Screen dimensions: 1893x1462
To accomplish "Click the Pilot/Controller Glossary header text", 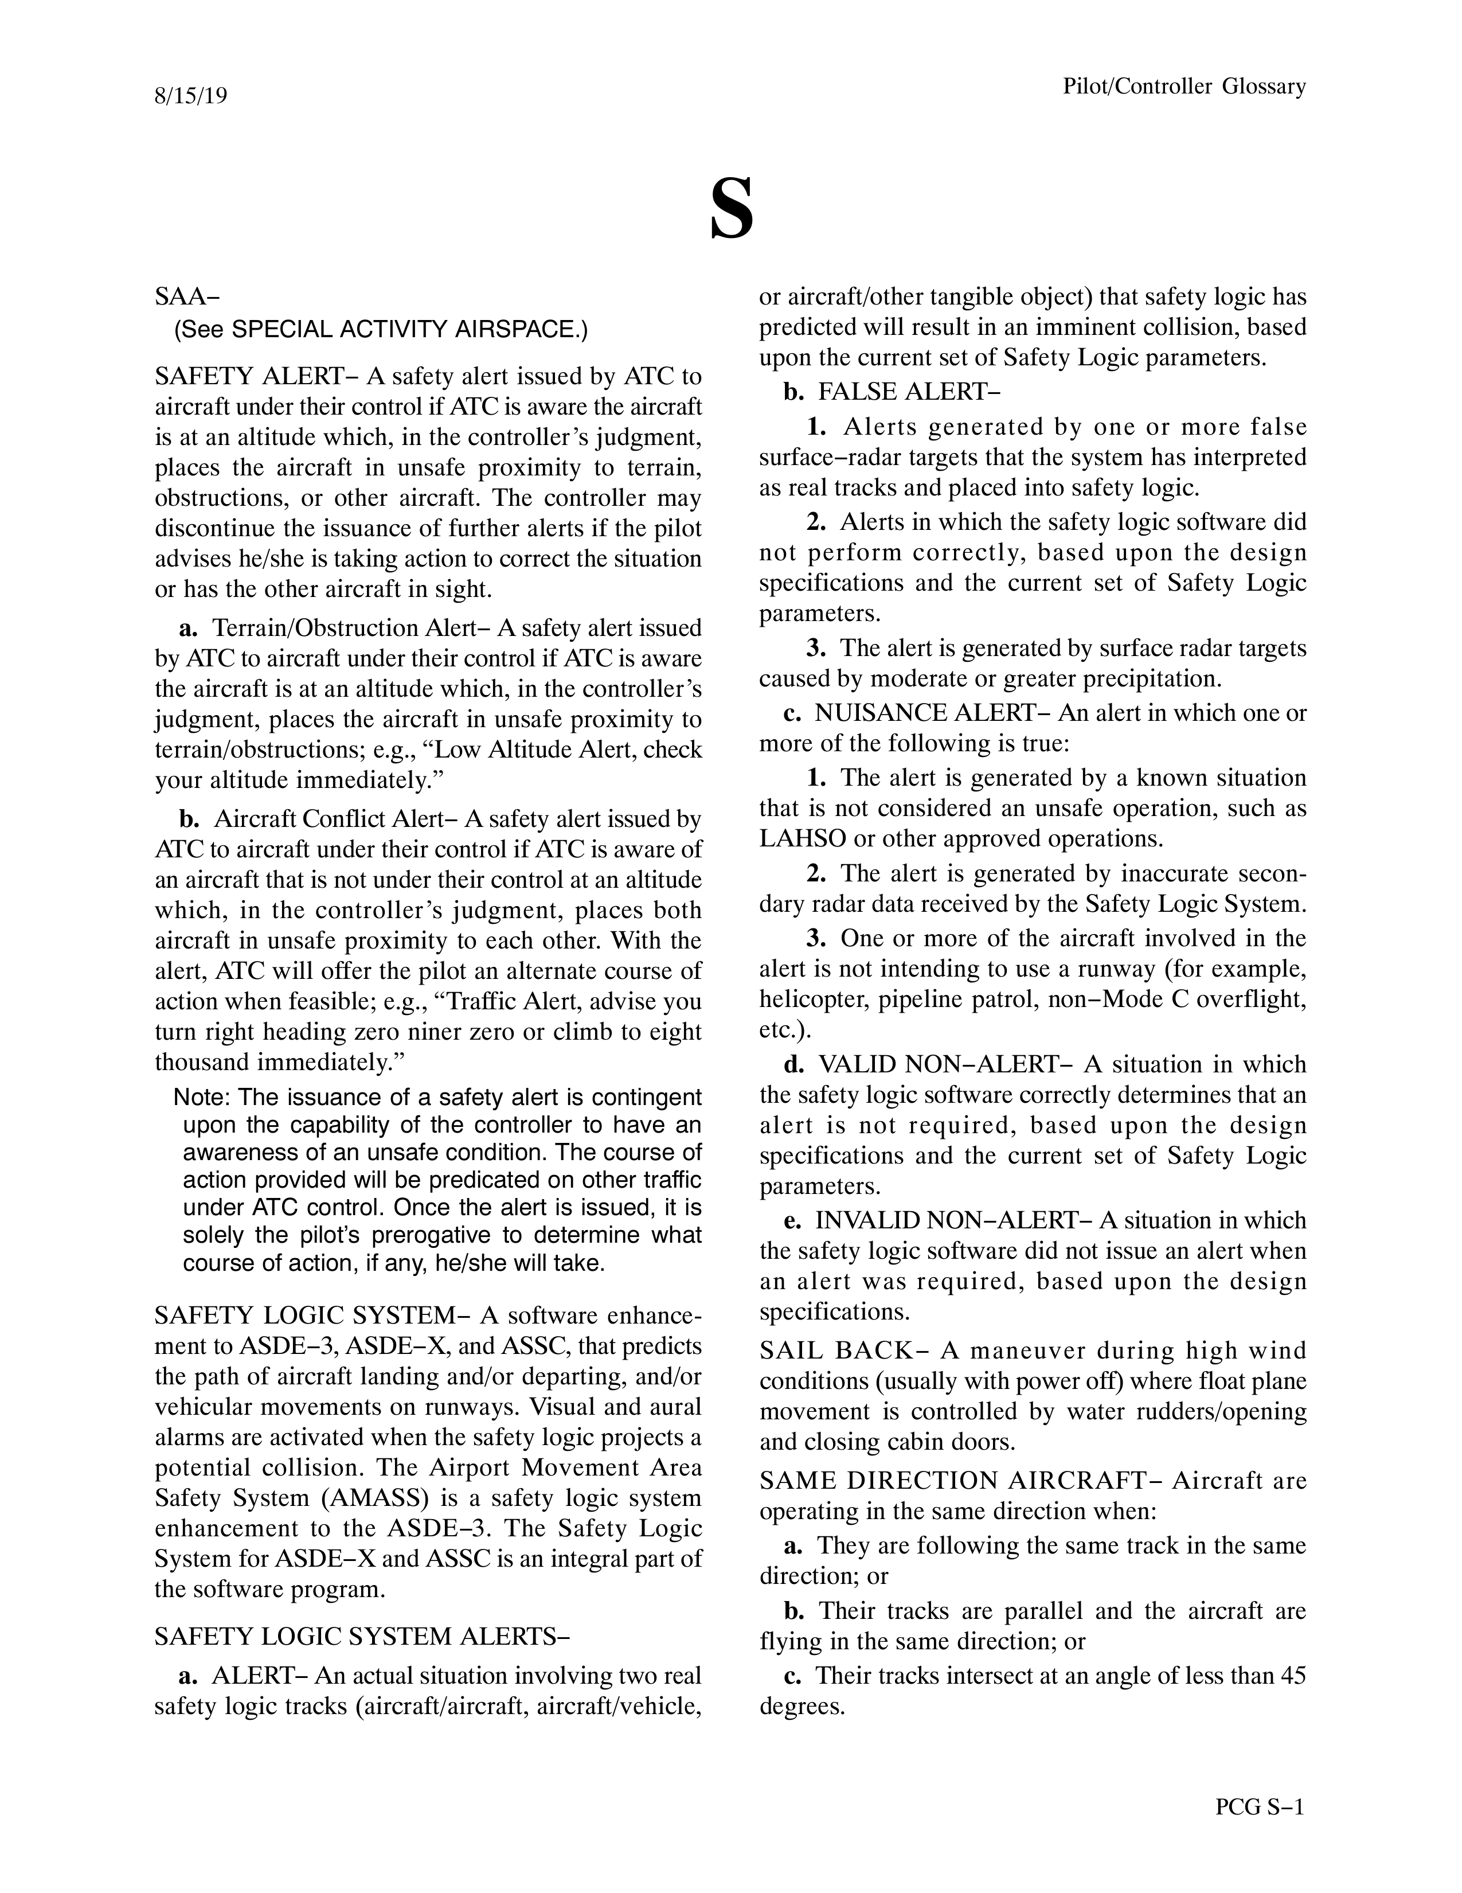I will (x=1184, y=87).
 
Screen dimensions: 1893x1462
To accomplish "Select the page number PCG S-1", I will (x=1259, y=1807).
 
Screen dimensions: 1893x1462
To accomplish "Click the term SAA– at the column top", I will (x=187, y=296).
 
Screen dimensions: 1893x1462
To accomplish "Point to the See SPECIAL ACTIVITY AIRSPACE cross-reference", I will (x=381, y=329).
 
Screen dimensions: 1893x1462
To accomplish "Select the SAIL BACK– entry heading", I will (x=837, y=1351).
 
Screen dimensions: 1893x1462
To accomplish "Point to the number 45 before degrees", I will (x=1292, y=1676).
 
